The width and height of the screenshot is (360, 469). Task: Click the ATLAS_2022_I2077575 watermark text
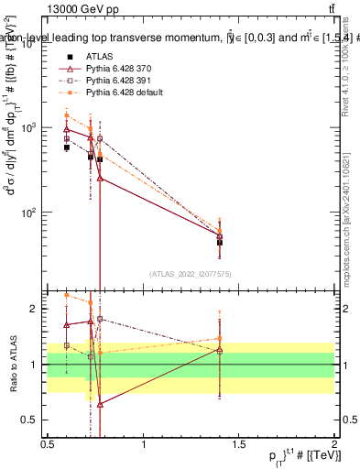[x=191, y=274]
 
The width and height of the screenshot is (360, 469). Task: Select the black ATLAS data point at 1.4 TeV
[x=220, y=243]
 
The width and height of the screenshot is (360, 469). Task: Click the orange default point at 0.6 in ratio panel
[x=67, y=295]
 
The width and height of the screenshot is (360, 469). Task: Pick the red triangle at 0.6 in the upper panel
[x=67, y=129]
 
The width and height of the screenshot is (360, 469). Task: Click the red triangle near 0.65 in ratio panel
[x=100, y=404]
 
